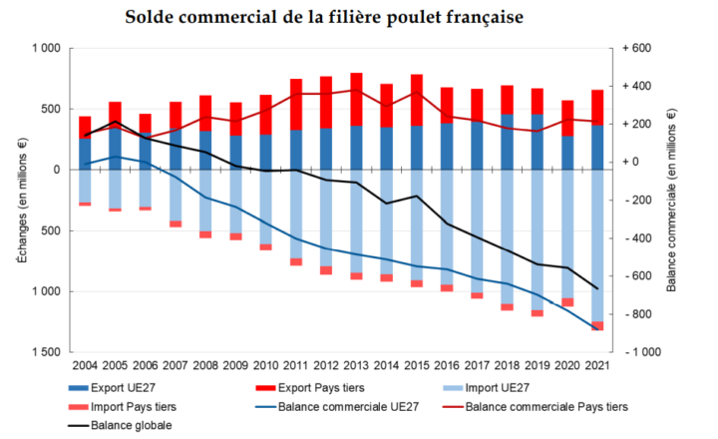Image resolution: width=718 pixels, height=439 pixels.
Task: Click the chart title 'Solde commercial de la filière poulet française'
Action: pos(358,18)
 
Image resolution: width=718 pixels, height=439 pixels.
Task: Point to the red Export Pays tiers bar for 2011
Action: pos(296,104)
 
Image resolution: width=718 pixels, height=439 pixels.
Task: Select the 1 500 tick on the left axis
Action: pos(46,353)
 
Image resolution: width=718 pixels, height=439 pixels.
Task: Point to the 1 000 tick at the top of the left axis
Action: pos(46,49)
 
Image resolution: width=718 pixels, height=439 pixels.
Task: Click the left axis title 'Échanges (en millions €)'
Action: pos(20,200)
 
